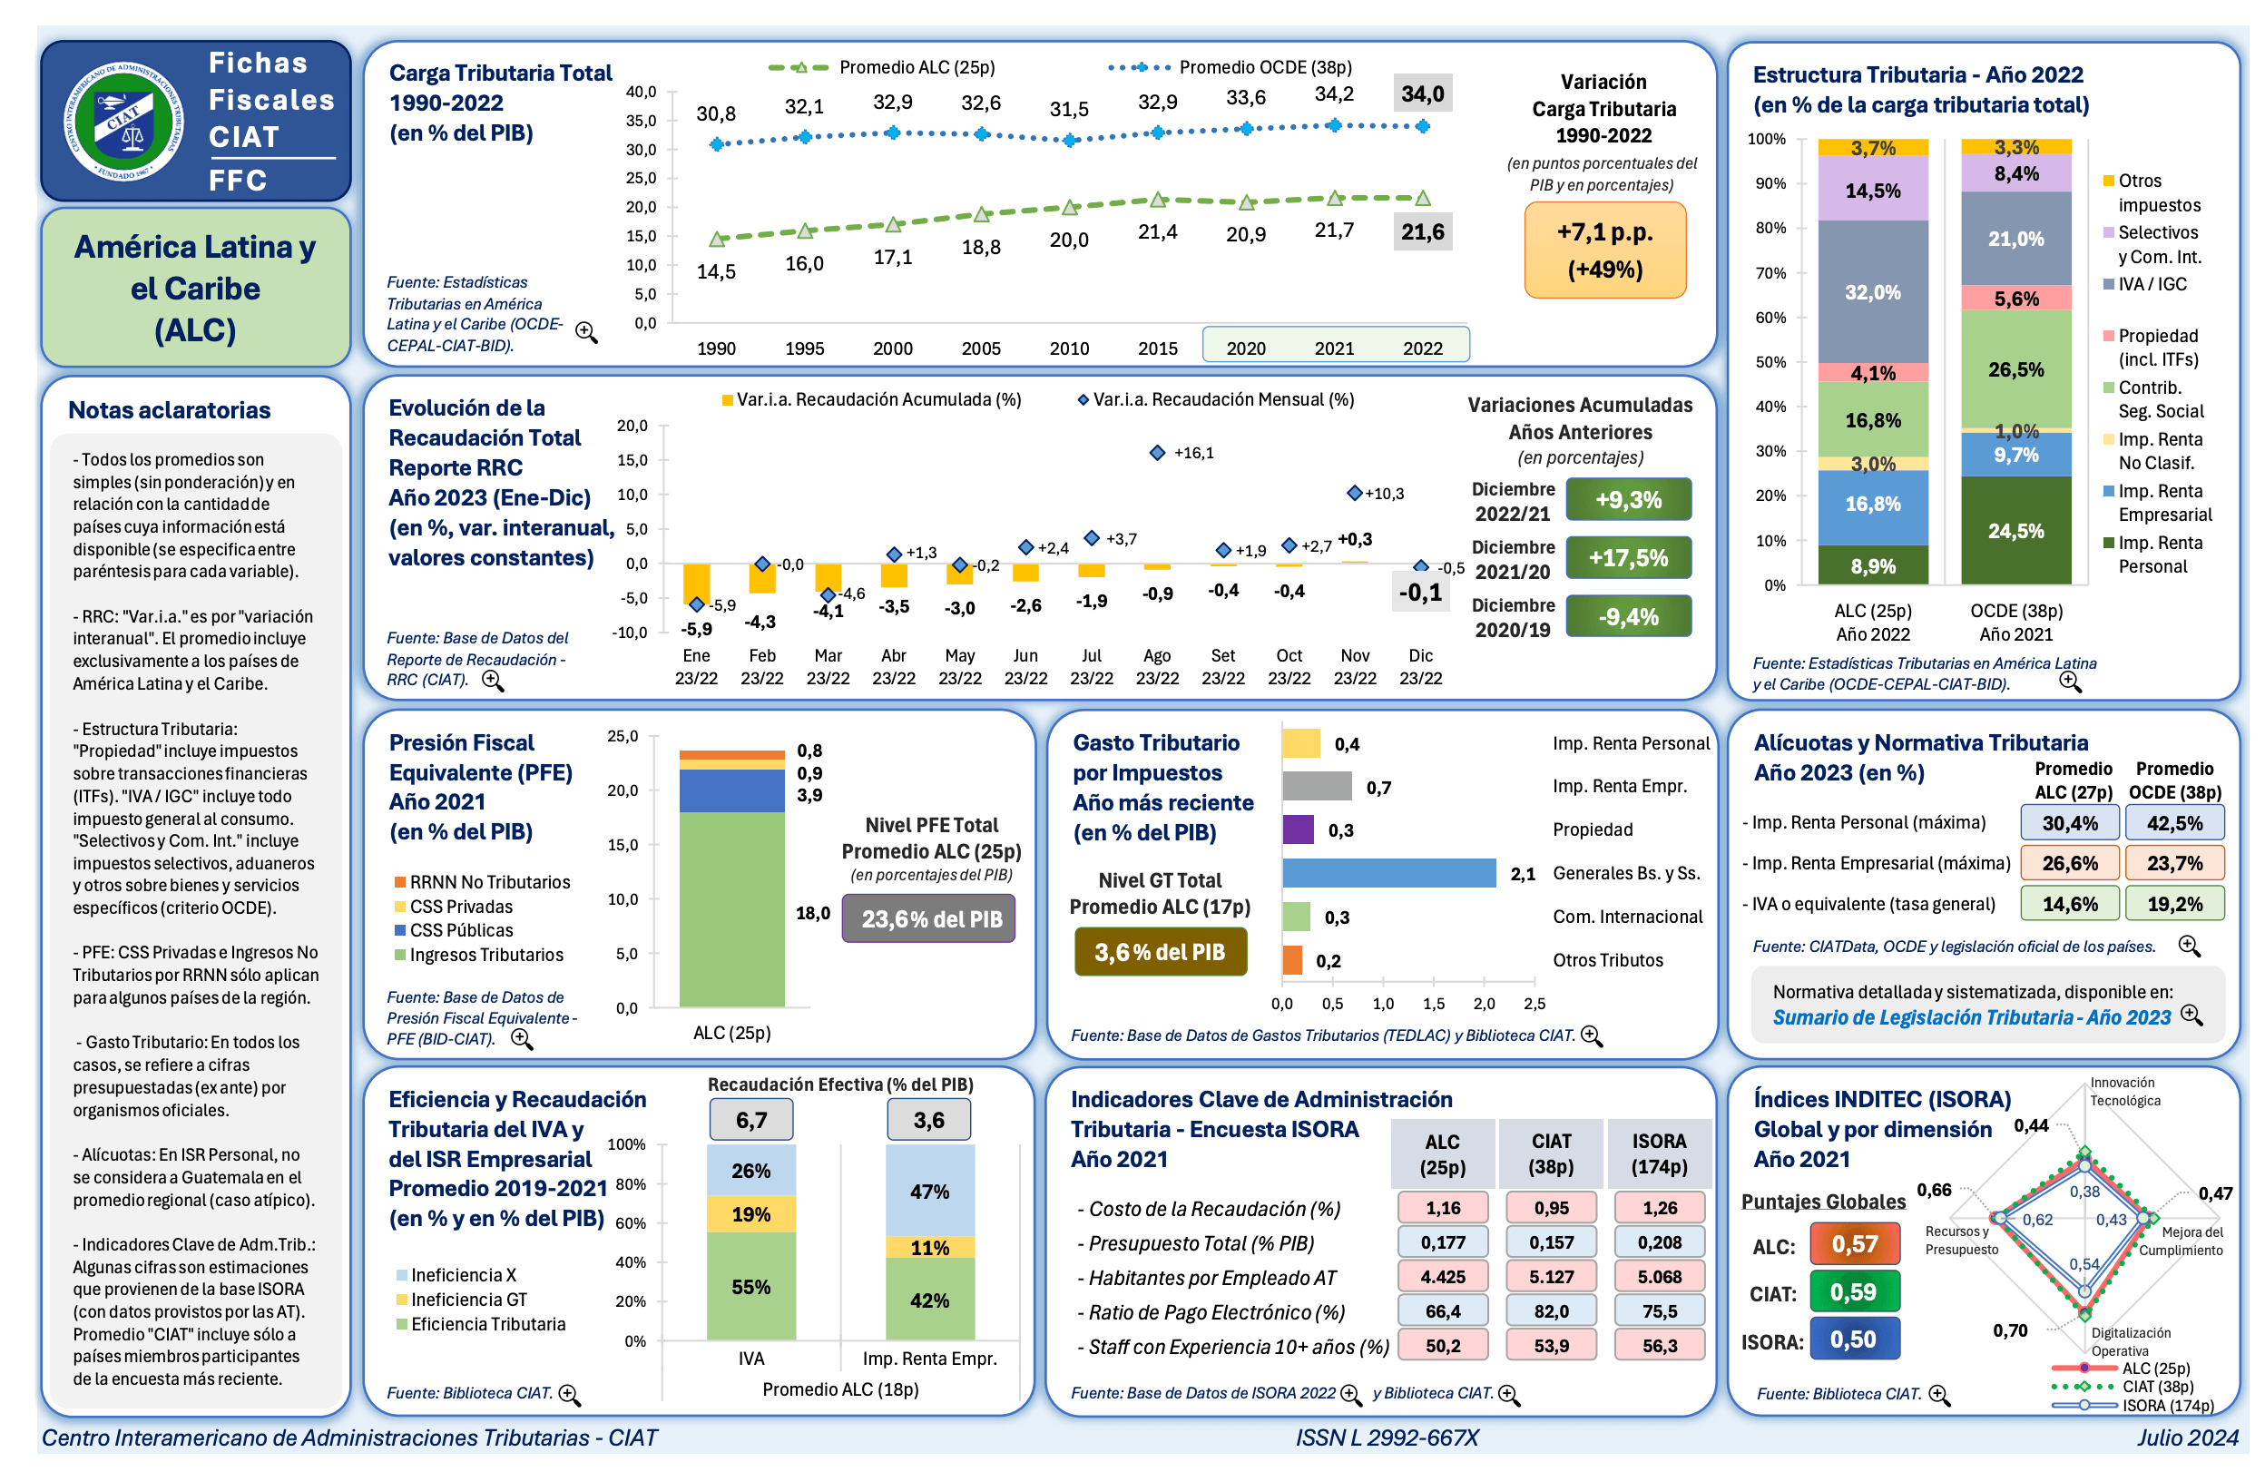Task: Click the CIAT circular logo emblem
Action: click(123, 121)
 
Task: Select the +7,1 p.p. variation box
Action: click(1604, 250)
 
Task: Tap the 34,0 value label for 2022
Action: click(1422, 94)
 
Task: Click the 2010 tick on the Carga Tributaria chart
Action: click(1069, 348)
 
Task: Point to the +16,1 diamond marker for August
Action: click(1157, 453)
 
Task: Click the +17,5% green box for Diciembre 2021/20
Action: click(1627, 557)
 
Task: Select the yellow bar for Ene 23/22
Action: click(697, 583)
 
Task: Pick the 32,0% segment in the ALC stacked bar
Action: click(1872, 292)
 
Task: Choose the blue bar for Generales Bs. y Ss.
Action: click(1388, 872)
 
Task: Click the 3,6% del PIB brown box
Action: click(1159, 951)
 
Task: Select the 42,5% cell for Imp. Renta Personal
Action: click(2173, 823)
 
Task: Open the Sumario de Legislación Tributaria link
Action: click(1970, 1017)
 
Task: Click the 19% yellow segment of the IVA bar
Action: click(750, 1214)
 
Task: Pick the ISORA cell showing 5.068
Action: click(1659, 1277)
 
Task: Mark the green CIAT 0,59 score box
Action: click(1853, 1292)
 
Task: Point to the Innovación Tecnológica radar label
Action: click(2124, 1092)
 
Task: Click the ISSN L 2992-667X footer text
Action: click(1387, 1437)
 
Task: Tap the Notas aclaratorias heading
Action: click(170, 410)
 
